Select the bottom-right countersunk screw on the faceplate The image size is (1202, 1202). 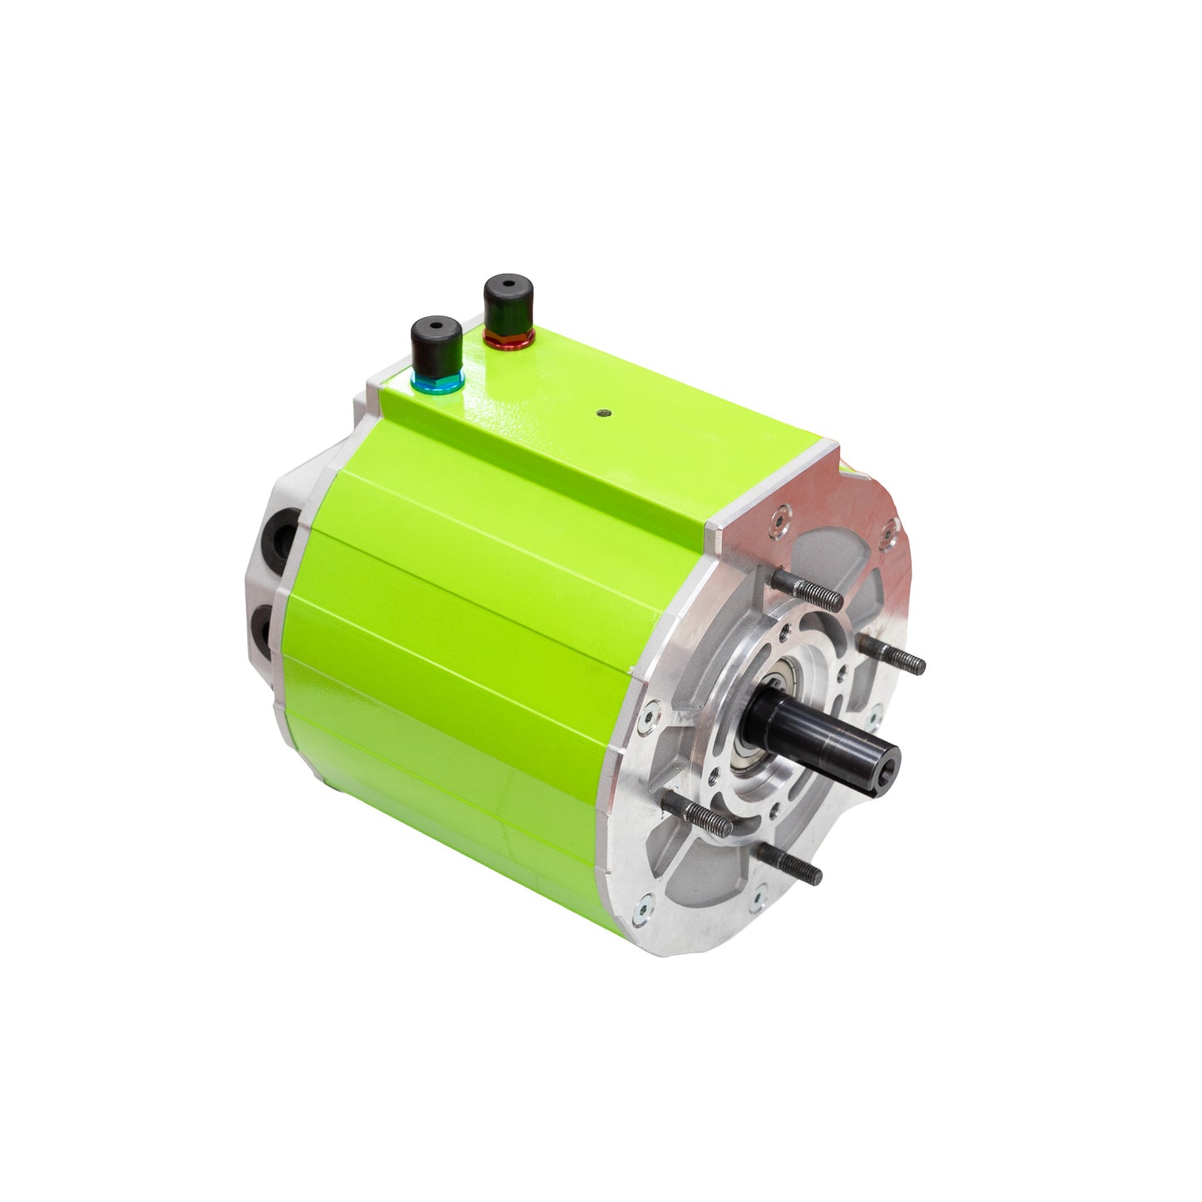point(758,898)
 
